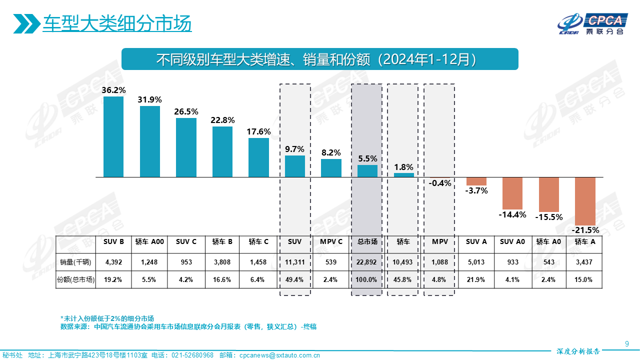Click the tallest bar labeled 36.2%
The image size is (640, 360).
point(113,136)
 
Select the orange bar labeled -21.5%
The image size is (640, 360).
point(585,201)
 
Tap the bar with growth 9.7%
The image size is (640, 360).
point(295,166)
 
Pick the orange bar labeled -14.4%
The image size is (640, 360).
point(512,193)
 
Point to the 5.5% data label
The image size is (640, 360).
point(367,158)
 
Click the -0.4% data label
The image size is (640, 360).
point(440,183)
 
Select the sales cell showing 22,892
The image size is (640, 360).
point(367,261)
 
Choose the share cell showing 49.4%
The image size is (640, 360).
point(295,279)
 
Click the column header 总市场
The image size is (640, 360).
point(367,241)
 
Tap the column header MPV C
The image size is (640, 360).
point(331,241)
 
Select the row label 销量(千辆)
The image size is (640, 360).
point(75,261)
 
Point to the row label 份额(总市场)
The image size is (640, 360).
point(75,279)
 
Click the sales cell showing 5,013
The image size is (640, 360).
point(476,261)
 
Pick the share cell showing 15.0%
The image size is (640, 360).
point(584,279)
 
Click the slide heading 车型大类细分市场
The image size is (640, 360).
point(117,24)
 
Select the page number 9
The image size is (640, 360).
point(626,343)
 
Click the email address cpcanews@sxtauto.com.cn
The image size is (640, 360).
point(279,355)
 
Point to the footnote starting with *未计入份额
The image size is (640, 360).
point(107,318)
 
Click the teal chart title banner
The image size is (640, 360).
point(320,59)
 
